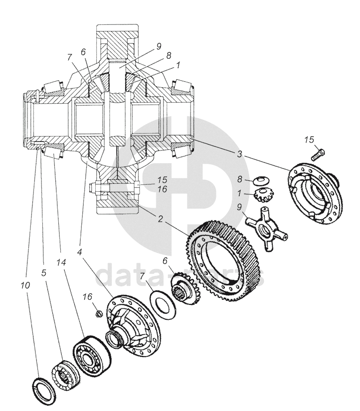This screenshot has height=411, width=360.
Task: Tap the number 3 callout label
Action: pyautogui.click(x=240, y=154)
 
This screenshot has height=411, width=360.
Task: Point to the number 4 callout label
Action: pyautogui.click(x=80, y=253)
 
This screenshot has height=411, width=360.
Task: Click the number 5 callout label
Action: pyautogui.click(x=44, y=273)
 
